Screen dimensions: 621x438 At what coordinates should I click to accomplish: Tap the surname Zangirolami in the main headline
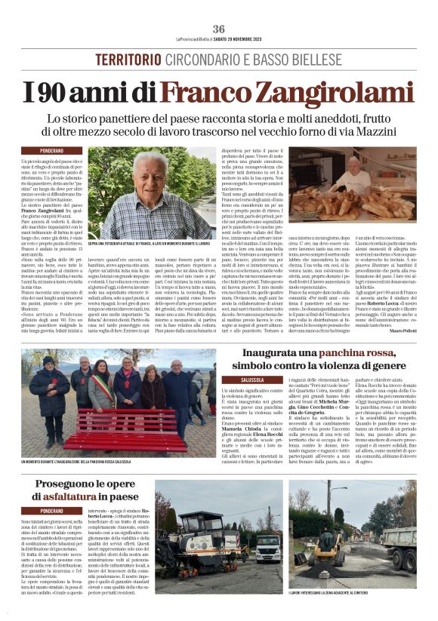tap(288, 92)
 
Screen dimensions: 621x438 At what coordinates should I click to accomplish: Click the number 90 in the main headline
tap(74, 92)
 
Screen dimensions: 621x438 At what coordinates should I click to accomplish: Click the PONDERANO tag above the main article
tap(62, 152)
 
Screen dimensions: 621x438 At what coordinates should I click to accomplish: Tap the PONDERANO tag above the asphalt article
tap(62, 511)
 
